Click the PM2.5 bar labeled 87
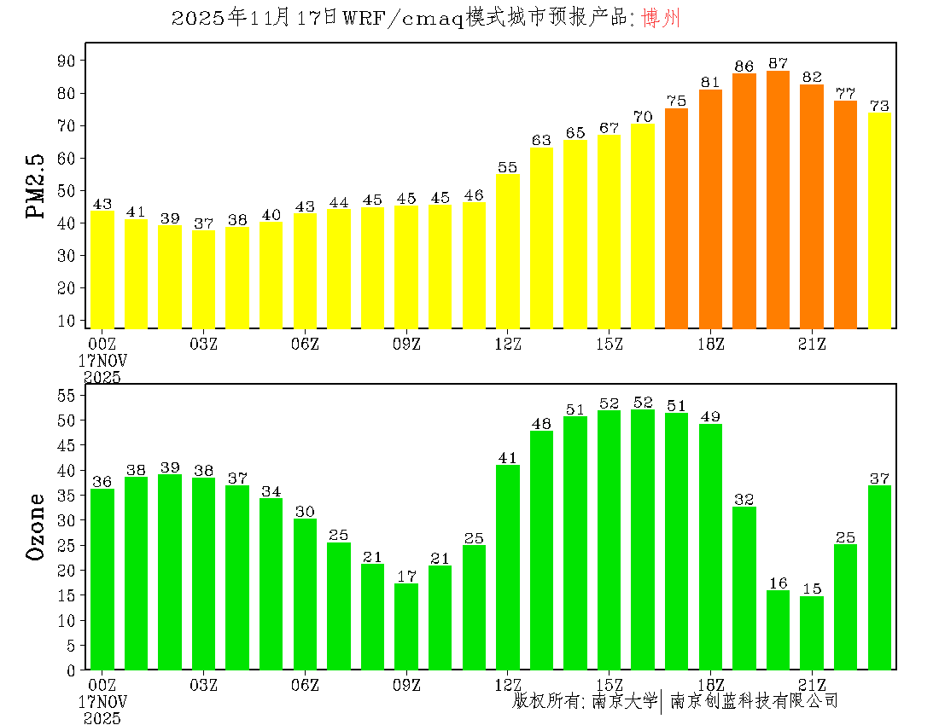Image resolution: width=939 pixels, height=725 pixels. click(778, 200)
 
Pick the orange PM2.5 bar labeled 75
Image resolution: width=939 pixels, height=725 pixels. click(676, 218)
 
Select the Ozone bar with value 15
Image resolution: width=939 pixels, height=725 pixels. click(812, 633)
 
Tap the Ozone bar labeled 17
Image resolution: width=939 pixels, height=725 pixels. click(406, 627)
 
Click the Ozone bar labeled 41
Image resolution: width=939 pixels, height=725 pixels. click(508, 567)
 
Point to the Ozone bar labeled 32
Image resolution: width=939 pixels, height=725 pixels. click(744, 589)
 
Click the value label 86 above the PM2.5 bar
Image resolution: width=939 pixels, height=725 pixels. click(744, 66)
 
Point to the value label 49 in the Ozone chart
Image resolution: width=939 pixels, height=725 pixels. click(710, 416)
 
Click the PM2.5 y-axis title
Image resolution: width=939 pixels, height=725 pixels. click(37, 187)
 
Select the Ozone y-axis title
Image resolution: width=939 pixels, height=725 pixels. click(37, 526)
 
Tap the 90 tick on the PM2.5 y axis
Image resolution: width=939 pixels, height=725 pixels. click(67, 61)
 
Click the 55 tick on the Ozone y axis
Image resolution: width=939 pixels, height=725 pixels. click(67, 396)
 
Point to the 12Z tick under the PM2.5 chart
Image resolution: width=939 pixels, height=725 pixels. click(508, 344)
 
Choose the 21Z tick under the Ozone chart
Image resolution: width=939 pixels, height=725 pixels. click(812, 684)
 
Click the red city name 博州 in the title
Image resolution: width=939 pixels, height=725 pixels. click(661, 19)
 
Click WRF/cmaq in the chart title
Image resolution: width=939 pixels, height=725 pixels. click(401, 19)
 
